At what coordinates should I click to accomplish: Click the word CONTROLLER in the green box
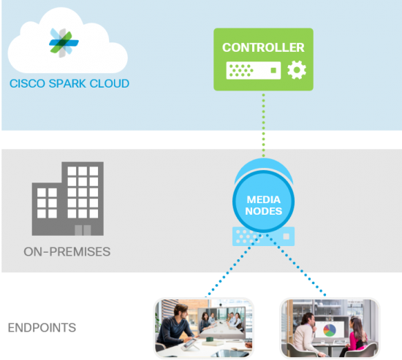263,48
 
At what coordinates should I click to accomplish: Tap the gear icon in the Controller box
296,70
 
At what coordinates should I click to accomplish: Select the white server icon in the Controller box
252,71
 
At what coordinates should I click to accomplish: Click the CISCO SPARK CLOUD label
69,84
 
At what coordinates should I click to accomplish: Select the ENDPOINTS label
42,327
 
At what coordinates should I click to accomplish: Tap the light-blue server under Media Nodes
263,235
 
